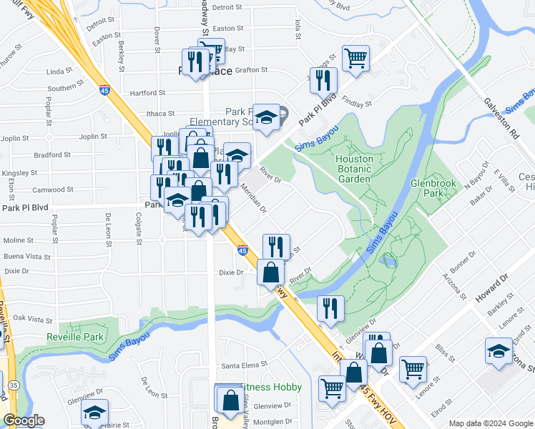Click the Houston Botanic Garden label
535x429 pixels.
click(x=353, y=169)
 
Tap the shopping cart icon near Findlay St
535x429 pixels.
click(x=355, y=59)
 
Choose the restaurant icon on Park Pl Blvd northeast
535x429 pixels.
click(x=323, y=80)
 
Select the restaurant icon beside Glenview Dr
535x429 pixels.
click(x=330, y=308)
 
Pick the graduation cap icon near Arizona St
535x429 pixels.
click(x=499, y=351)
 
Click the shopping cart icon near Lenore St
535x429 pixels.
click(x=413, y=370)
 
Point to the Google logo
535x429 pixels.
click(x=24, y=421)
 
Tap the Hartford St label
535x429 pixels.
click(x=147, y=93)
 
